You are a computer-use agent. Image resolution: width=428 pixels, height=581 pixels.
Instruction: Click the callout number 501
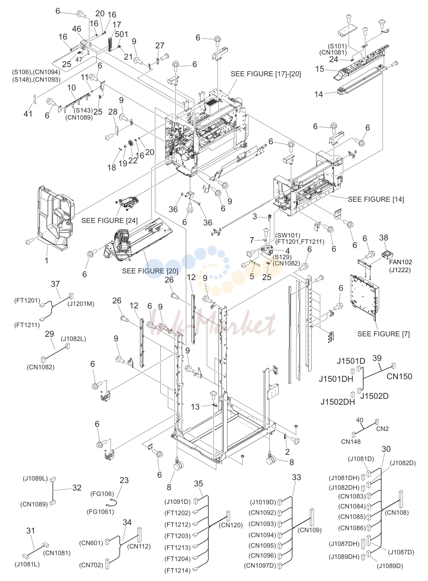pyautogui.click(x=122, y=34)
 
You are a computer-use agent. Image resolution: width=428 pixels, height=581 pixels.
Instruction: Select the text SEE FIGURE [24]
pyautogui.click(x=109, y=220)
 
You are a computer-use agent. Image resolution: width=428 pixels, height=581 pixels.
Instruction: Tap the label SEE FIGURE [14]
pyautogui.click(x=376, y=199)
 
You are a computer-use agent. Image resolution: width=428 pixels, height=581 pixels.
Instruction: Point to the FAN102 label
pyautogui.click(x=400, y=262)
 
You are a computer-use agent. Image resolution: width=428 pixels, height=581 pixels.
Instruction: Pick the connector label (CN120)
pyautogui.click(x=231, y=525)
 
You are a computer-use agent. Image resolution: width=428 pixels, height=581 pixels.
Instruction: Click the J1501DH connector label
pyautogui.click(x=336, y=379)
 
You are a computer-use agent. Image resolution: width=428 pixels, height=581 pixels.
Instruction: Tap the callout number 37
pyautogui.click(x=56, y=284)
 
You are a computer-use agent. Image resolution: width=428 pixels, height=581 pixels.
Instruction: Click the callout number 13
pyautogui.click(x=195, y=407)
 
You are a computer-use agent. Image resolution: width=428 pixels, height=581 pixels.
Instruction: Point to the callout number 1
pyautogui.click(x=46, y=260)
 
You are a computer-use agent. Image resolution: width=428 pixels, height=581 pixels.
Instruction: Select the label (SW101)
pyautogui.click(x=288, y=235)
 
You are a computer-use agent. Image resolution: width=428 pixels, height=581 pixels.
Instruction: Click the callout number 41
pyautogui.click(x=28, y=114)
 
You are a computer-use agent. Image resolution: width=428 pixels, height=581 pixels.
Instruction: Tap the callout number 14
pyautogui.click(x=319, y=94)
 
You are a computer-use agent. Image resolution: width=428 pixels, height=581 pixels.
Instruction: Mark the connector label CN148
pyautogui.click(x=351, y=441)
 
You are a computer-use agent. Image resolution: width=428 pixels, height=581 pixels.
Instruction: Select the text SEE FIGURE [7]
pyautogui.click(x=384, y=334)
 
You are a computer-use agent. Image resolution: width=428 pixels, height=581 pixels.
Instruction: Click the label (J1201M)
pyautogui.click(x=81, y=303)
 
